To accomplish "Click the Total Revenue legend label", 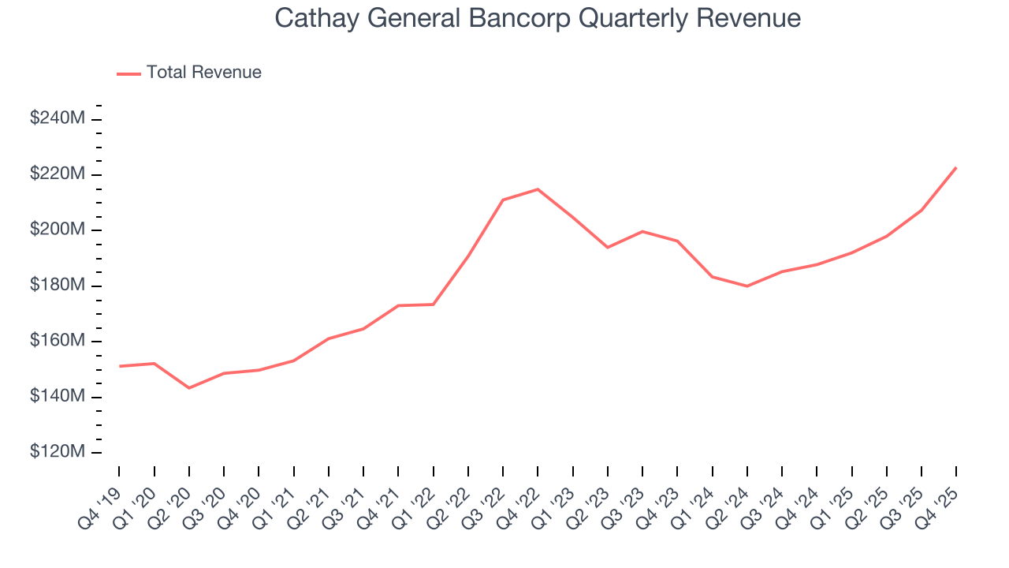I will pos(203,73).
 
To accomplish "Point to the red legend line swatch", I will pos(128,73).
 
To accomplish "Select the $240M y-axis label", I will pos(58,119).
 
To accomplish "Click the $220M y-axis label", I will pos(58,174).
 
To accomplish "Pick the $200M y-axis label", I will pos(58,230).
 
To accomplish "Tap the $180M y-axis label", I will pos(58,286).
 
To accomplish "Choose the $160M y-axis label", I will pos(58,341).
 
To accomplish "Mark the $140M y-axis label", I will pos(58,396).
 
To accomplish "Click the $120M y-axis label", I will pos(58,452).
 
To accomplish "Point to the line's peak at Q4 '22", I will pos(538,189).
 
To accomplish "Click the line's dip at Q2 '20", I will pos(189,388).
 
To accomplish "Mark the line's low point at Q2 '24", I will pos(747,286).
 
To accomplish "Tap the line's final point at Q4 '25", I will pos(955,167).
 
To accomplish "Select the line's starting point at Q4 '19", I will pos(120,366).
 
